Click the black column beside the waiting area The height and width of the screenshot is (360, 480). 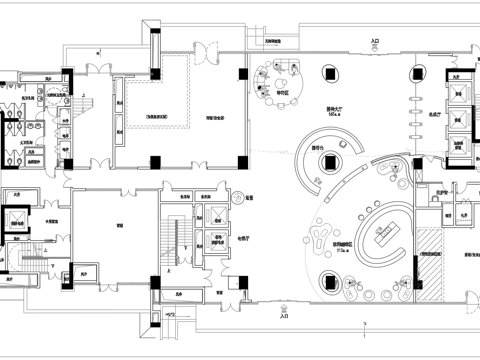pos(246,71)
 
